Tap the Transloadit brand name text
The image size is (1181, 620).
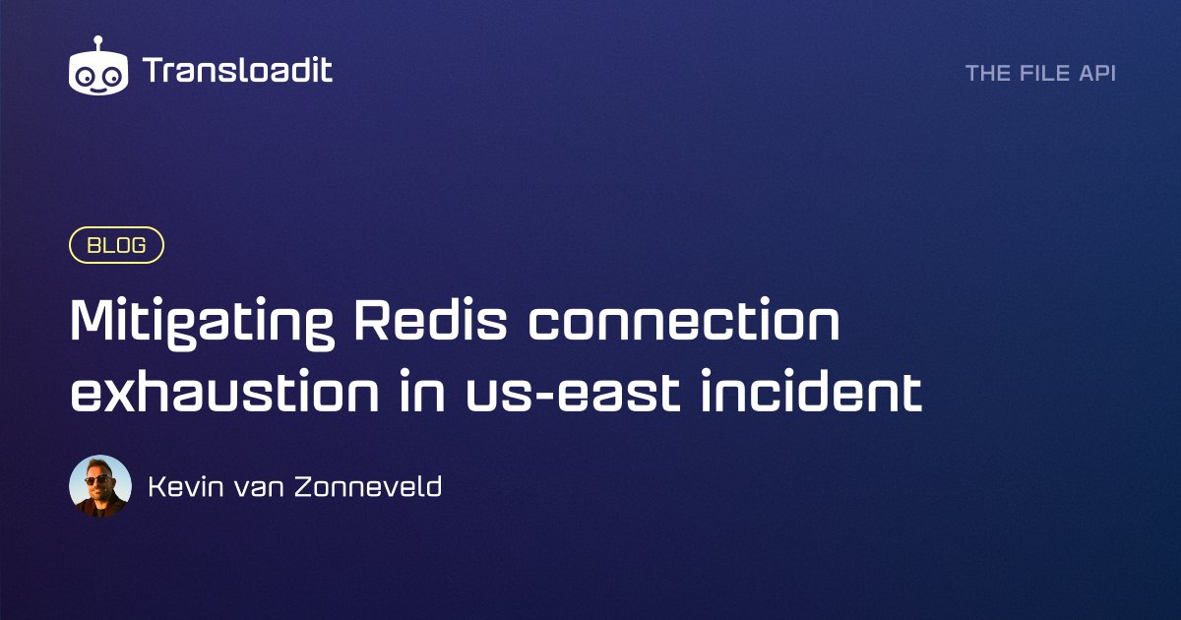237,71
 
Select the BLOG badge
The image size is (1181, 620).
116,245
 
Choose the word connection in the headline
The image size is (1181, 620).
683,321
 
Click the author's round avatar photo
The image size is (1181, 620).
100,486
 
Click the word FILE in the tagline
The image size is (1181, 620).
1042,73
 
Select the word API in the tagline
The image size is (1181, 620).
1097,73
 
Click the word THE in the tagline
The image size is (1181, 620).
987,73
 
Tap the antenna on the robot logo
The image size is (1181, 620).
98,42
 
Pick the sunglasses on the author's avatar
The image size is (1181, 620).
99,480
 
